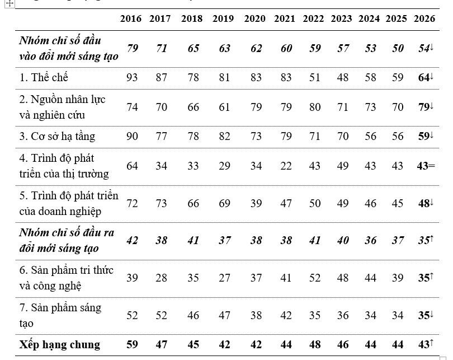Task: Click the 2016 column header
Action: click(131, 19)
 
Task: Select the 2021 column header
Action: click(285, 19)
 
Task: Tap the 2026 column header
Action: click(424, 19)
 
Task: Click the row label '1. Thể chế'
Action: click(44, 77)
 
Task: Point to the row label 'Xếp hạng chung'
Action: click(60, 345)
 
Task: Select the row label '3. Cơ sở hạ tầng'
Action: click(57, 136)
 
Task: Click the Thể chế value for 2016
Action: click(132, 77)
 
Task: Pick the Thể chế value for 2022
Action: click(315, 77)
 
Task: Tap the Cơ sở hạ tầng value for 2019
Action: click(224, 136)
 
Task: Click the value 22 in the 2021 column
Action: click(286, 166)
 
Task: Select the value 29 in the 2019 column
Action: click(224, 166)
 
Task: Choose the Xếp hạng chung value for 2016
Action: click(132, 345)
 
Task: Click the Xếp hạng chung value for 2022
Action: click(315, 345)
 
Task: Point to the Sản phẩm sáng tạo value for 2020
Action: click(256, 315)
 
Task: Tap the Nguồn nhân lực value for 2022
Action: click(315, 107)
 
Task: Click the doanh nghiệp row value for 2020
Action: click(256, 204)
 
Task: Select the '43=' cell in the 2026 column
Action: click(426, 166)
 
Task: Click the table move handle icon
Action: click(10, 3)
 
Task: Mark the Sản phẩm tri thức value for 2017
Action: click(161, 278)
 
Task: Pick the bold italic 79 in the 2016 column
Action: click(133, 48)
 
